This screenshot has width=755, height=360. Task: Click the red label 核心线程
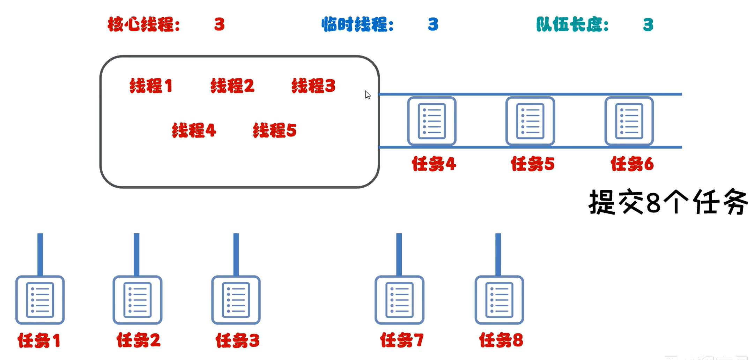(x=143, y=25)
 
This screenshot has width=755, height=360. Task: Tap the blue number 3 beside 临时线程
(x=433, y=25)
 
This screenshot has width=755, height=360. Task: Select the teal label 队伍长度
(x=572, y=25)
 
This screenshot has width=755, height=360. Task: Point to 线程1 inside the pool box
(x=151, y=86)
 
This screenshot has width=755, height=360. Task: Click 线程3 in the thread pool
(x=313, y=86)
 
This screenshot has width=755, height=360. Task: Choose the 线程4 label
(x=194, y=130)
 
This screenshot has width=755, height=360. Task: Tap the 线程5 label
(x=275, y=130)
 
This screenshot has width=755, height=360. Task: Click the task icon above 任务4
(x=432, y=121)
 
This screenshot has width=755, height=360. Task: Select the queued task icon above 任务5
(x=530, y=121)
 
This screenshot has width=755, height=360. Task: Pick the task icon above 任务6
(x=629, y=121)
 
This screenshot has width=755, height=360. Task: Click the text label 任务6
(x=632, y=164)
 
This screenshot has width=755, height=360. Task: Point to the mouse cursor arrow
(x=367, y=95)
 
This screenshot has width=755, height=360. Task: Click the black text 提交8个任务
(x=668, y=202)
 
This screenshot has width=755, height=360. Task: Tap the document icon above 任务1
(x=40, y=300)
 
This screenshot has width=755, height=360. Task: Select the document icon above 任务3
(x=236, y=300)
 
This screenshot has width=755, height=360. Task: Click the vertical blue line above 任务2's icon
(x=136, y=254)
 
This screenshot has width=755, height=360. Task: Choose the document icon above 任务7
(x=399, y=300)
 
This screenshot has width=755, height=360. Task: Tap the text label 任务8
(x=501, y=340)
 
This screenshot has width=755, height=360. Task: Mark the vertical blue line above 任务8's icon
(x=498, y=254)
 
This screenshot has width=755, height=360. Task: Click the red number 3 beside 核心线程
(x=219, y=25)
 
